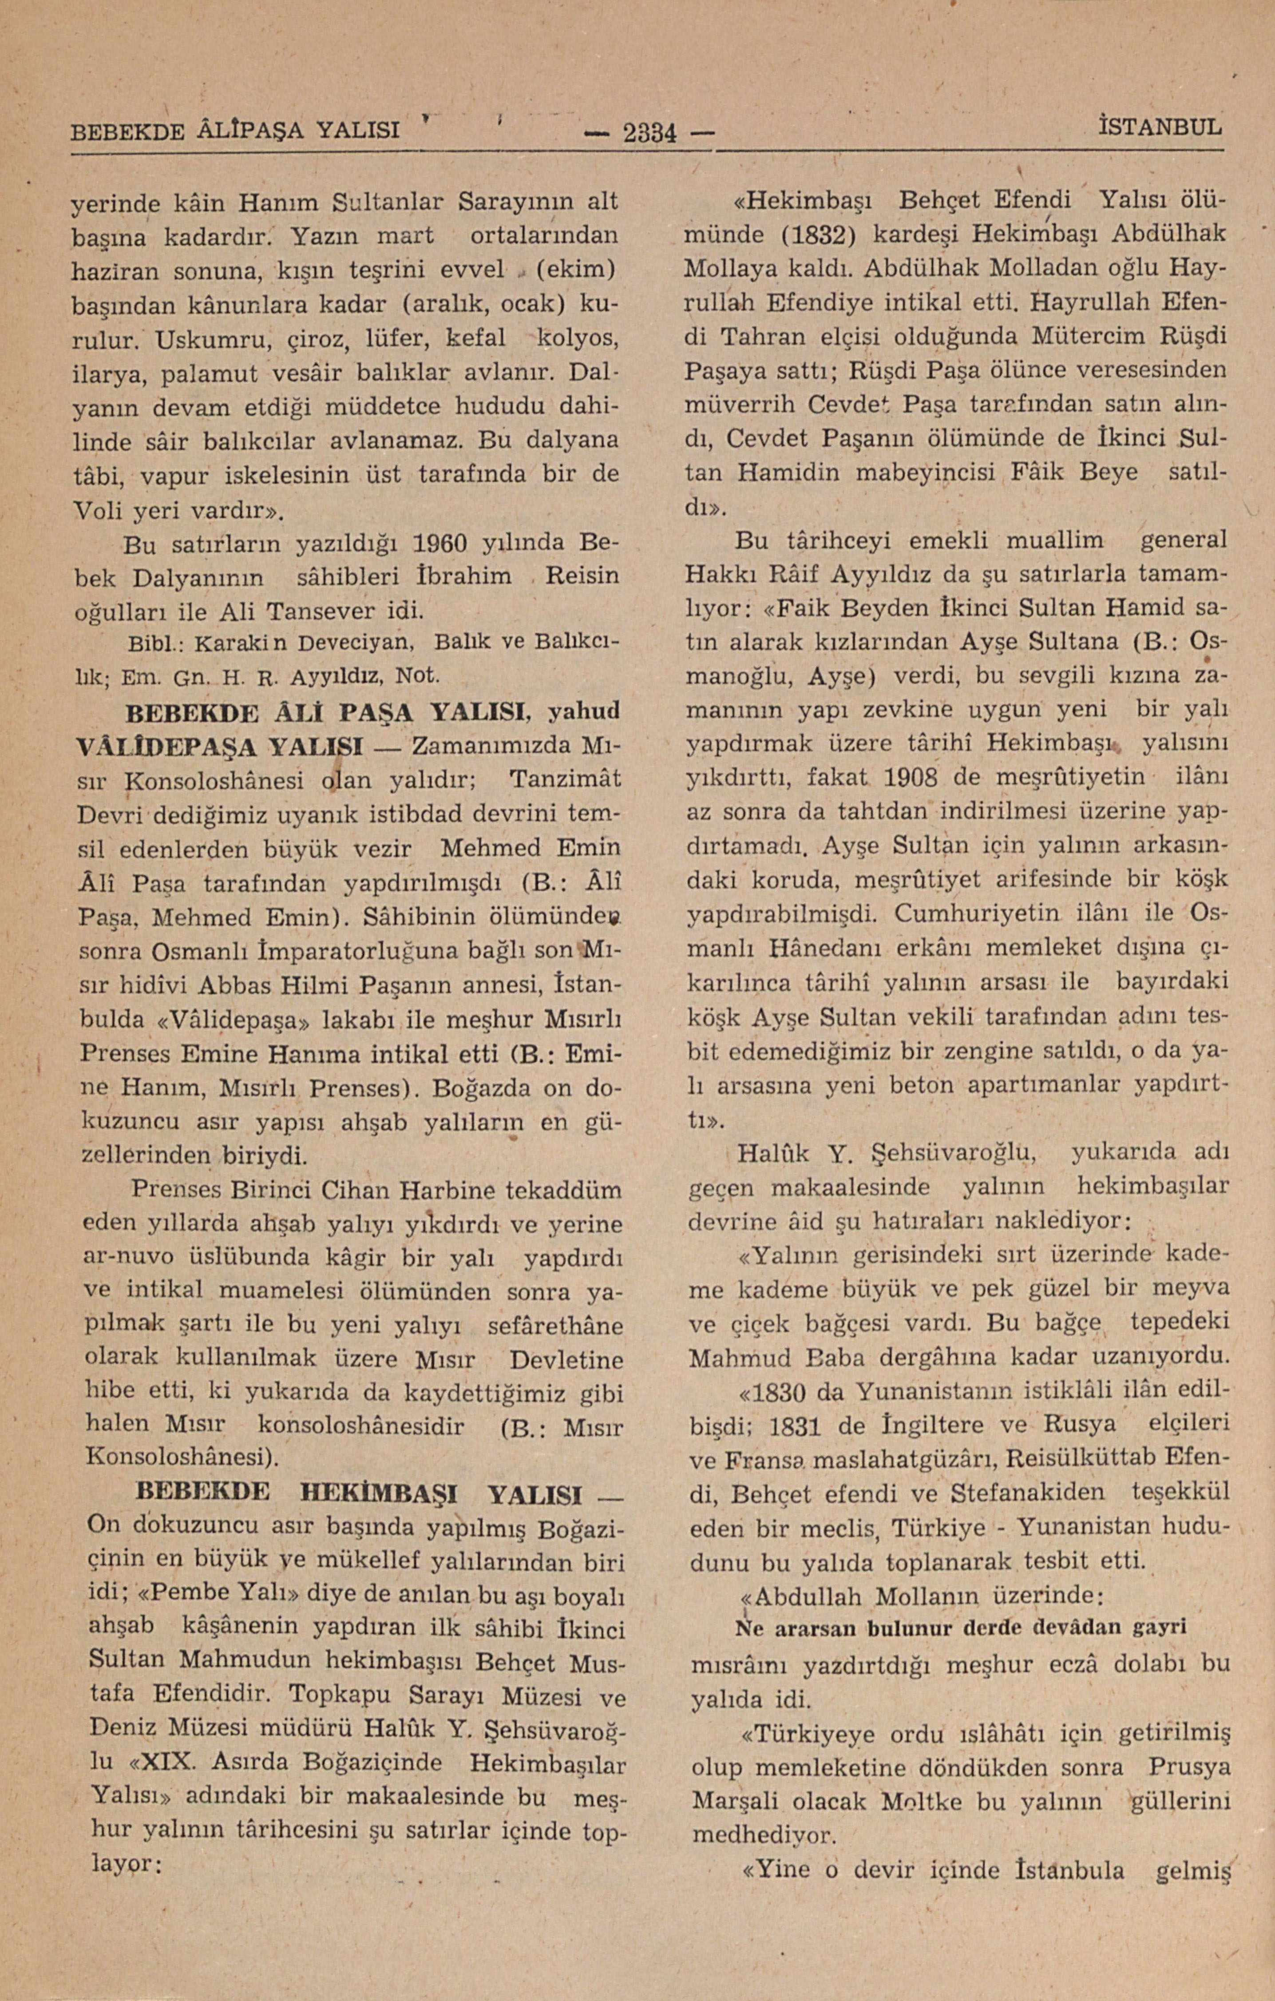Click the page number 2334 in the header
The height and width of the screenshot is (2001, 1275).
point(649,132)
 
